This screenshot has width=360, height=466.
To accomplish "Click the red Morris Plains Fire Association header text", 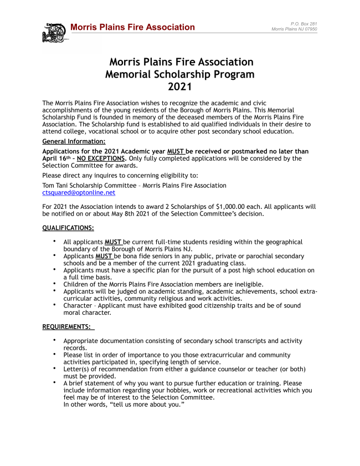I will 132,27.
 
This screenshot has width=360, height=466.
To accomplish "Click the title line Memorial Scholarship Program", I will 179,74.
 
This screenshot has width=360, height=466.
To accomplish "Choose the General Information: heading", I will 74,142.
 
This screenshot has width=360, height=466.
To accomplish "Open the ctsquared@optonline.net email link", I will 79,193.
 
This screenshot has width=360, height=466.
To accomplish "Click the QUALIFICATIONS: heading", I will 68,228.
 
